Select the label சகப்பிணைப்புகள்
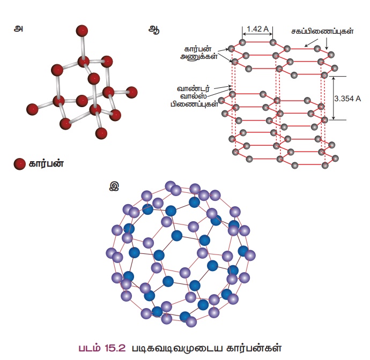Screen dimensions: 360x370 tap(323, 32)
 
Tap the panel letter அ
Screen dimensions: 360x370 tap(19, 29)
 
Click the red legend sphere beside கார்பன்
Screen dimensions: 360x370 tap(20, 164)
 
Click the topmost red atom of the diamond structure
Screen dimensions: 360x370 tap(82, 30)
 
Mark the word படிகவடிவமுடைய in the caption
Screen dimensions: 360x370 tap(170, 347)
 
